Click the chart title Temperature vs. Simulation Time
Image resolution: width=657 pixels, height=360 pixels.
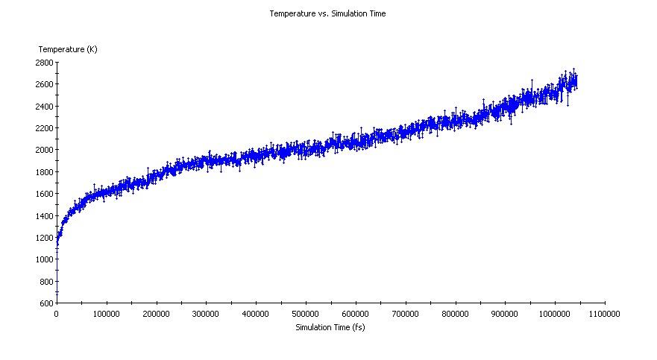point(327,13)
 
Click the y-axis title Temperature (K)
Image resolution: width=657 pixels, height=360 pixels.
point(68,49)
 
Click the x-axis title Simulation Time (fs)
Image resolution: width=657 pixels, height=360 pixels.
point(330,327)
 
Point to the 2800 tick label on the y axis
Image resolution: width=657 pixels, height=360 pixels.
point(44,63)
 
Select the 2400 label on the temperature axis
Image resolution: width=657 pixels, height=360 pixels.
point(44,107)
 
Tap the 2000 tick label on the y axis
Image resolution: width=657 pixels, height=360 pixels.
point(44,150)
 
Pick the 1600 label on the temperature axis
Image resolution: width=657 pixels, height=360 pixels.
point(44,194)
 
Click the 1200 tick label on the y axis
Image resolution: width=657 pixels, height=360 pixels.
point(44,238)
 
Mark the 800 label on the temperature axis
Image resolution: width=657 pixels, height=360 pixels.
point(46,282)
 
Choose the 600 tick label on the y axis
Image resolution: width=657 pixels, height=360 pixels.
point(46,303)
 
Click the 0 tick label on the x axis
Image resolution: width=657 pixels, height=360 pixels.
point(57,314)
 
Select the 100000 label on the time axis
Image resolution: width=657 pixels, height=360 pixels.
point(107,314)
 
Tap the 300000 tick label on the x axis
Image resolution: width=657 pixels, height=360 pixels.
point(206,314)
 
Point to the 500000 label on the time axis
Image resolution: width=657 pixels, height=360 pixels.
point(306,314)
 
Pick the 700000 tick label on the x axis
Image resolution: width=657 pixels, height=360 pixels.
point(405,314)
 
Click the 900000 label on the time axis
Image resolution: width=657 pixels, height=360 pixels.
point(505,314)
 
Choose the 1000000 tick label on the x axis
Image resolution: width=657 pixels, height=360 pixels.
point(554,314)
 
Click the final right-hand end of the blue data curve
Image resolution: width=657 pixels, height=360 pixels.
point(576,81)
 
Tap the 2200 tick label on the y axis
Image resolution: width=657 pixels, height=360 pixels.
point(44,128)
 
